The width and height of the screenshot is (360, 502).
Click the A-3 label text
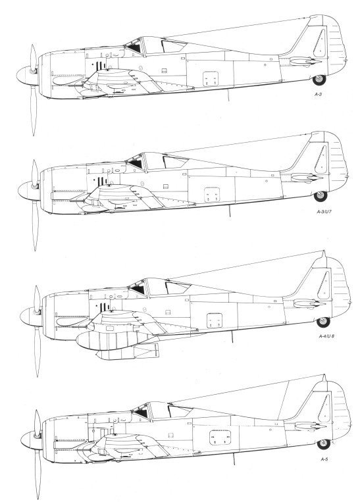click(x=318, y=95)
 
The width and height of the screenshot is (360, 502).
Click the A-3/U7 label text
click(x=321, y=212)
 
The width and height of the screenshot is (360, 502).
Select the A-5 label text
click(x=324, y=459)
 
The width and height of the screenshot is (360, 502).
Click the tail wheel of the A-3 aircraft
click(x=319, y=79)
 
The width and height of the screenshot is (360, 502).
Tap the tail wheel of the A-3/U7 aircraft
click(x=321, y=196)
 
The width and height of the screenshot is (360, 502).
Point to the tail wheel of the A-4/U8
click(x=323, y=322)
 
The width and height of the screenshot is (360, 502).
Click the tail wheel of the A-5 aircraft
click(x=324, y=443)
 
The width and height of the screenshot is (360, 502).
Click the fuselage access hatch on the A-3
click(x=211, y=79)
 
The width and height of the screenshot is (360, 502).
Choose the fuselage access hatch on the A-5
click(x=220, y=438)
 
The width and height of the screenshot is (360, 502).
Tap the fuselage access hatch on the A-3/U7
click(x=212, y=195)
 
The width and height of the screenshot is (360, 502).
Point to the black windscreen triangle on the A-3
click(x=134, y=48)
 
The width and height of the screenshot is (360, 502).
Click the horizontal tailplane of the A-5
click(x=307, y=425)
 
